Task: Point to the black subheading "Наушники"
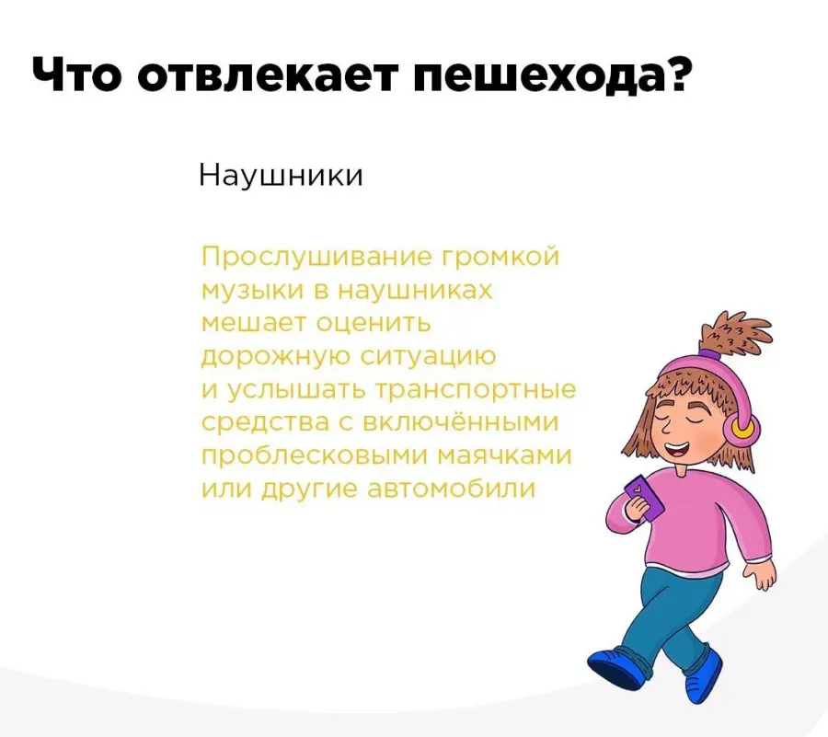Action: pyautogui.click(x=282, y=175)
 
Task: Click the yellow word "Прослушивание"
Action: pyautogui.click(x=316, y=257)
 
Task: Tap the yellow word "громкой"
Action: pyautogui.click(x=499, y=259)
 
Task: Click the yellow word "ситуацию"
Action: pyautogui.click(x=428, y=357)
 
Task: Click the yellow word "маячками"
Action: pyautogui.click(x=506, y=456)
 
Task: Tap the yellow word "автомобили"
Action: pyautogui.click(x=451, y=489)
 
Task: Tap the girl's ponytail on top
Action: pyautogui.click(x=735, y=332)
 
